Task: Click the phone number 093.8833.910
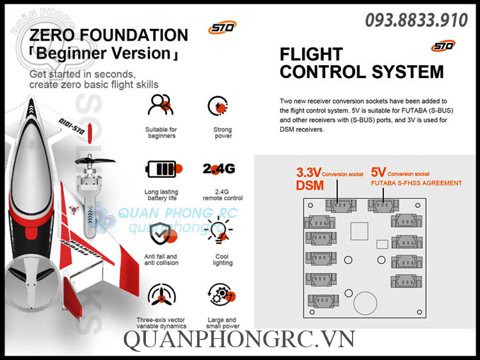(417, 20)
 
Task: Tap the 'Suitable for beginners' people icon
(160, 106)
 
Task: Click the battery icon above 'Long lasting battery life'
(163, 169)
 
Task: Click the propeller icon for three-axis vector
(161, 295)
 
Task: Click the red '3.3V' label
(308, 173)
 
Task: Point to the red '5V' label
(378, 173)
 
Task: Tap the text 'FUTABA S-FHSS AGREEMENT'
(416, 184)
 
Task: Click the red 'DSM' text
(310, 185)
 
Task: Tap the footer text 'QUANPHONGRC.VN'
(239, 340)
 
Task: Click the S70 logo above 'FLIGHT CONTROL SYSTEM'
(443, 45)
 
